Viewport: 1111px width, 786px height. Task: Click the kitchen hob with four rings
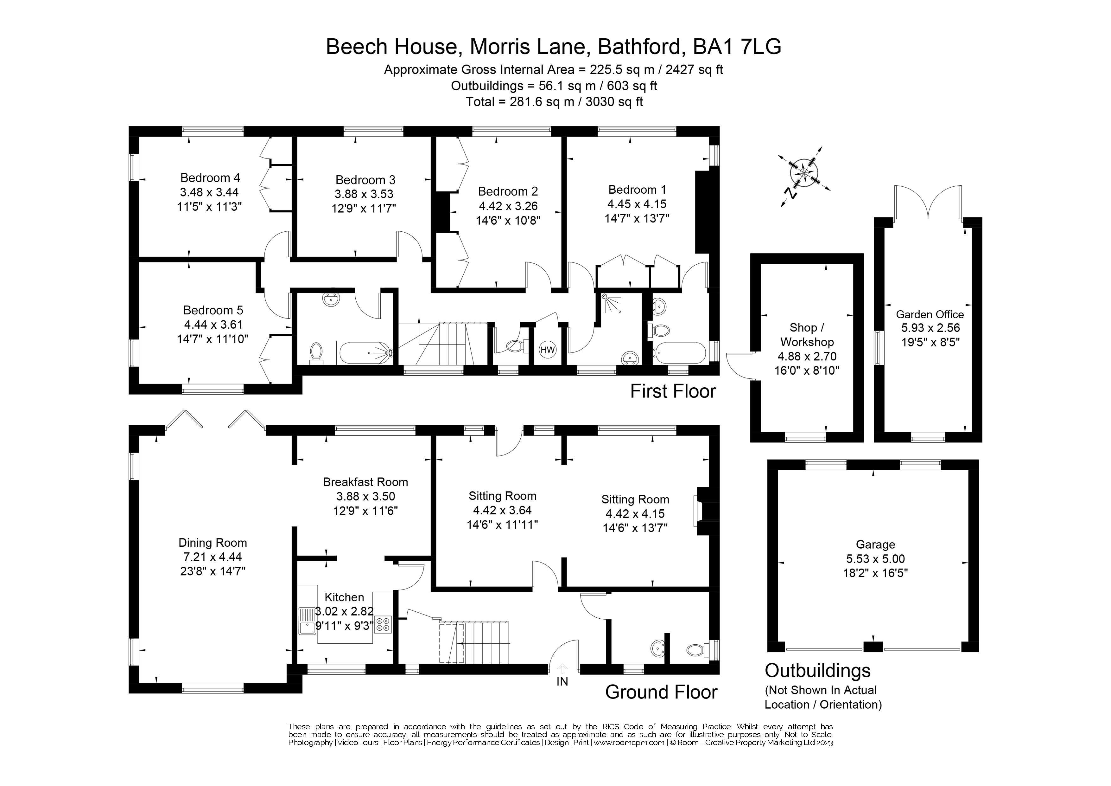pos(383,624)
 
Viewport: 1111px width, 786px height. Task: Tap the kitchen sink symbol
pos(307,621)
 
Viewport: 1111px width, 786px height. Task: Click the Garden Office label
pos(930,314)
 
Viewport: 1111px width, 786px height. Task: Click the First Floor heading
pos(673,391)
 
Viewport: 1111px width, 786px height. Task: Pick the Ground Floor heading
pos(661,692)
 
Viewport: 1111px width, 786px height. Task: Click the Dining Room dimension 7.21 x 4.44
pos(213,557)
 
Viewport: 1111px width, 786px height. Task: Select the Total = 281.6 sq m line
pos(554,102)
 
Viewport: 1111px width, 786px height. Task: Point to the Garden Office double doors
pos(928,203)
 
